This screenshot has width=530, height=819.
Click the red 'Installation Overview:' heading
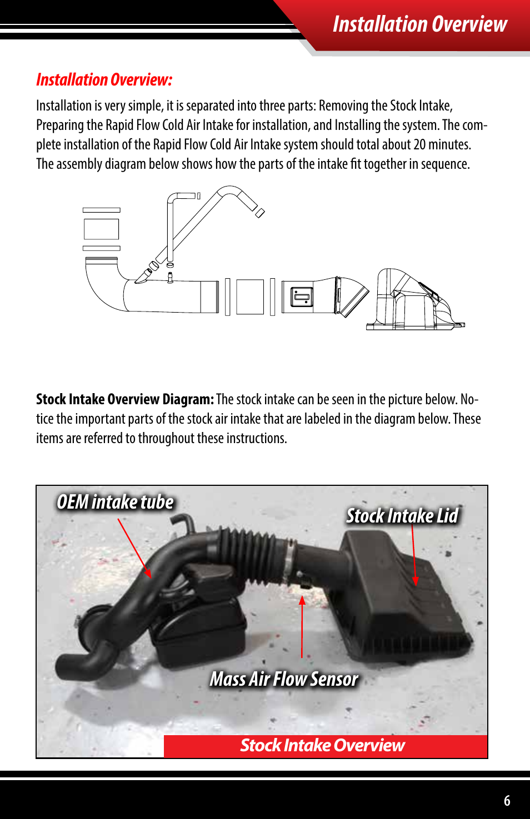104,80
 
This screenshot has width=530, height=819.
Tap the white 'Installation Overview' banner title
420,24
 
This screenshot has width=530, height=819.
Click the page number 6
507,800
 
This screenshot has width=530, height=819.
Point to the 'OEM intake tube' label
115,501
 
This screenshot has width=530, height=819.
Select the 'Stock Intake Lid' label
402,515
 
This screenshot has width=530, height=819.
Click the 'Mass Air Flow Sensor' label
284,679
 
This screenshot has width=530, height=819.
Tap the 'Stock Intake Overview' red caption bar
325,746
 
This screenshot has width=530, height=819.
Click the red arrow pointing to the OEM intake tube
134,548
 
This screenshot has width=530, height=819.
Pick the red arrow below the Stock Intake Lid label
414,555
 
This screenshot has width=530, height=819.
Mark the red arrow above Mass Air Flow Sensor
302,627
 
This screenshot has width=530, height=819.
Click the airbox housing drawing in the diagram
415,300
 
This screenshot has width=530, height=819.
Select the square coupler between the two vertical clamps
250,297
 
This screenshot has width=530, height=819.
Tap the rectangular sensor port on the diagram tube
302,297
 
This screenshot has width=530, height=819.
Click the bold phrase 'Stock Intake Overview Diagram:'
125,399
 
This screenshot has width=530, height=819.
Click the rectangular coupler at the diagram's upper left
101,229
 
